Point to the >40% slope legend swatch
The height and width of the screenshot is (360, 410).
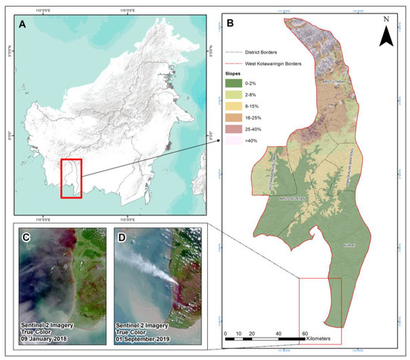pyautogui.click(x=236, y=157)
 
